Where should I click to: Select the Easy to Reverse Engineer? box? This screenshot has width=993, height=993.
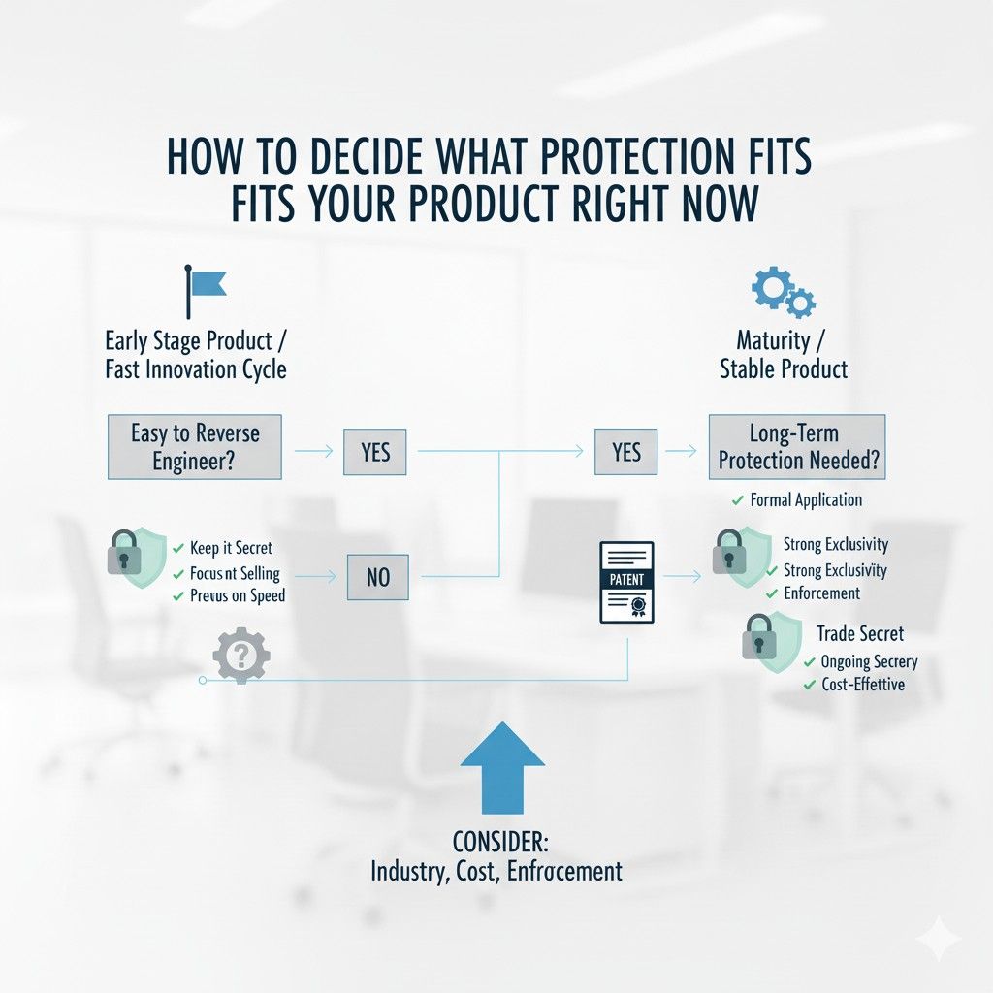[194, 447]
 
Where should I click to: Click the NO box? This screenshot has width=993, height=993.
[377, 577]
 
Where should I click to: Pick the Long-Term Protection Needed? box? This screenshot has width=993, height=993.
[797, 447]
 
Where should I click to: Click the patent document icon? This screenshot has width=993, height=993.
[626, 582]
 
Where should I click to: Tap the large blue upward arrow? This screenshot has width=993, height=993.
[501, 771]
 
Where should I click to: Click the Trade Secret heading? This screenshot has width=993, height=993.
[859, 633]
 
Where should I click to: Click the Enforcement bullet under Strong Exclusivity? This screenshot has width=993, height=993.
[821, 593]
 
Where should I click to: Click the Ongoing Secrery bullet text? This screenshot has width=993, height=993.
[868, 661]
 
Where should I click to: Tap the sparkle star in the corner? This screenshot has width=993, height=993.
[938, 940]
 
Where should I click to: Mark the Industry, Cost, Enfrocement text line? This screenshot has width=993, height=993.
[496, 871]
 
